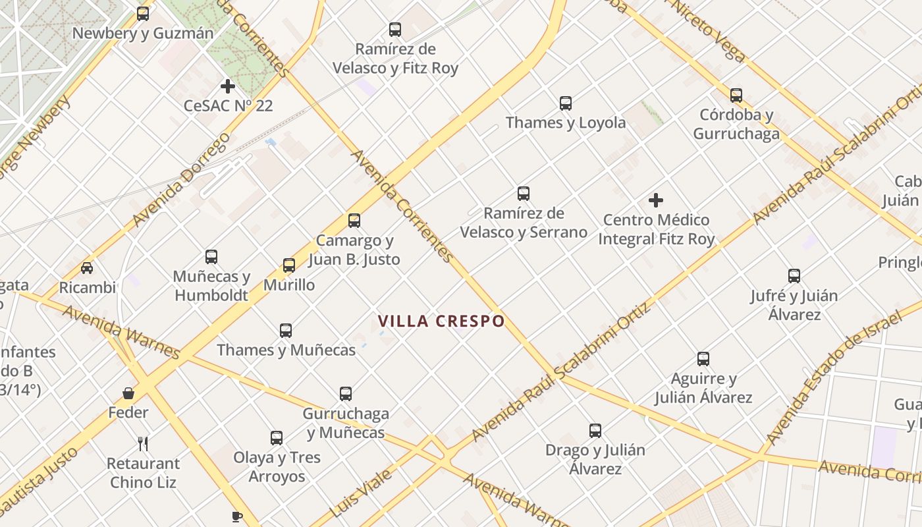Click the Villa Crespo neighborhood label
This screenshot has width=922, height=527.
click(x=441, y=321)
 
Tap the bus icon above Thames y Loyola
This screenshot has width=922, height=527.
click(x=566, y=103)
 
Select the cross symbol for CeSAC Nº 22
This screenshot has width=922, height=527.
click(x=228, y=86)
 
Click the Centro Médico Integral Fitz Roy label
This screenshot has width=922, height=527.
click(x=656, y=229)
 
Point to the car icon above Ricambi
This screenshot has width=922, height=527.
click(x=87, y=268)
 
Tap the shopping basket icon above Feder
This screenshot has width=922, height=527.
click(x=128, y=393)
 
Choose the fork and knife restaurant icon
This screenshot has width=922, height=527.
click(x=143, y=443)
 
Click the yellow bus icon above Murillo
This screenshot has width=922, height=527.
click(x=289, y=265)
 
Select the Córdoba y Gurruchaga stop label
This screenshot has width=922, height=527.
click(x=736, y=125)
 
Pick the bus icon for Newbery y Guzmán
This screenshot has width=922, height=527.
click(x=143, y=14)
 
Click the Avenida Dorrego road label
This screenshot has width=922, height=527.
click(x=180, y=180)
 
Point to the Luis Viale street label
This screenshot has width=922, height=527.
click(x=360, y=493)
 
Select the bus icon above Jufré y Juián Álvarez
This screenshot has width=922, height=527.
click(x=794, y=276)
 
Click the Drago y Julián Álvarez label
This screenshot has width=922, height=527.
click(x=595, y=459)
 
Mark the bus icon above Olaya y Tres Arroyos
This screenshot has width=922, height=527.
click(x=277, y=438)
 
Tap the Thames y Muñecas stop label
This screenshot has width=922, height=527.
click(x=286, y=350)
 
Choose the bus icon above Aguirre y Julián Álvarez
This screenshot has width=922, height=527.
click(x=703, y=359)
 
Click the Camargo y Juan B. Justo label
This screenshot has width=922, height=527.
click(x=354, y=250)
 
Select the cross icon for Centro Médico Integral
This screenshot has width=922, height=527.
click(x=656, y=200)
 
